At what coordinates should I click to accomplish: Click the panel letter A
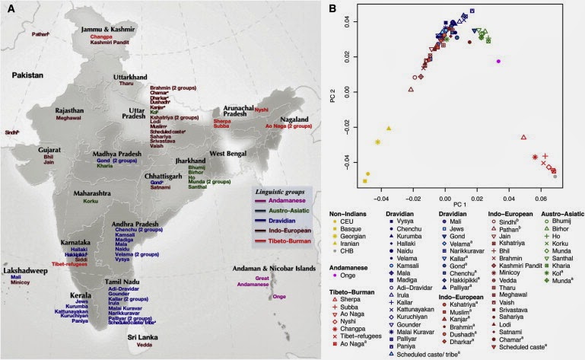pos(11,9)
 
